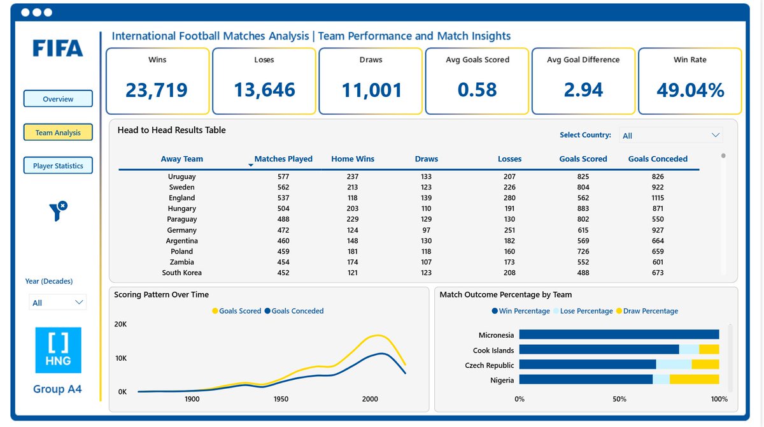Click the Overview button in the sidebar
point(58,99)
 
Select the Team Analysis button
point(58,133)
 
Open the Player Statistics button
point(58,166)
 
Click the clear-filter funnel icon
point(58,210)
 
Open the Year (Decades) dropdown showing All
point(58,303)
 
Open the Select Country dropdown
point(671,135)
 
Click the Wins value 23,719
point(157,90)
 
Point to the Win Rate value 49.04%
point(690,90)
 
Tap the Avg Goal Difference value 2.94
point(583,90)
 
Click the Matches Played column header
point(283,159)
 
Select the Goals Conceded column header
point(658,159)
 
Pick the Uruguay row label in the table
point(182,177)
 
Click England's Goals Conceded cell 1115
point(658,198)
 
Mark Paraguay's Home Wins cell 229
point(353,219)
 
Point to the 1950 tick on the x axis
point(281,399)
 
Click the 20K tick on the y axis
point(120,324)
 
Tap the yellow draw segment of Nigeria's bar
point(694,379)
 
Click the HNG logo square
point(58,350)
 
